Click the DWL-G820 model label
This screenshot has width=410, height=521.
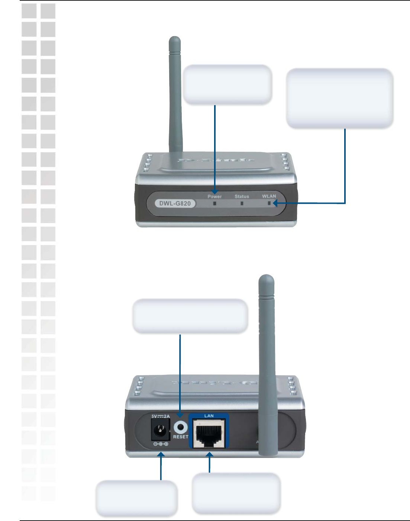pos(175,203)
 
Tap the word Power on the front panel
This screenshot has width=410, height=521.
pos(214,196)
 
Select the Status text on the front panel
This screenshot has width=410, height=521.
pos(242,196)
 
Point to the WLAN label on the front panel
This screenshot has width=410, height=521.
pos(269,196)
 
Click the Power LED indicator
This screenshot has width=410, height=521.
pos(214,203)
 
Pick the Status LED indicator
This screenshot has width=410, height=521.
pos(242,203)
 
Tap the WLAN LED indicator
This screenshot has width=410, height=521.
pos(269,203)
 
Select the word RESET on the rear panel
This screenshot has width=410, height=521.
pos(181,437)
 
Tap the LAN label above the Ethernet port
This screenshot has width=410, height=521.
pos(209,416)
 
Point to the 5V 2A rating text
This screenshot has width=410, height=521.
pos(161,417)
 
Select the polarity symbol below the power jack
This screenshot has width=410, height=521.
pos(161,444)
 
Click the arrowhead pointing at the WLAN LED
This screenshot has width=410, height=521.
pos(275,203)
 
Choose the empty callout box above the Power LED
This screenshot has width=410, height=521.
pos(227,84)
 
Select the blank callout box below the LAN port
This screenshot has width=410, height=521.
pos(236,493)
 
